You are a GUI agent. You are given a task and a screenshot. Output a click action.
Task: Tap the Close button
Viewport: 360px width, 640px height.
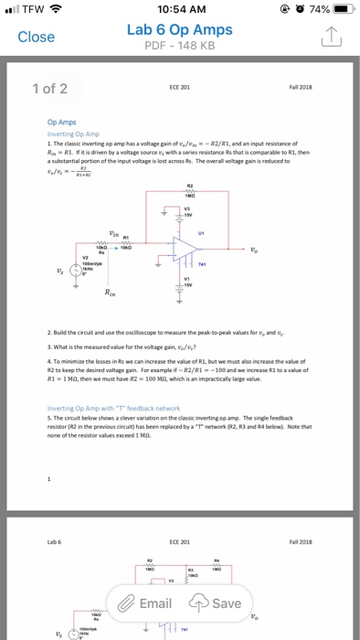point(37,37)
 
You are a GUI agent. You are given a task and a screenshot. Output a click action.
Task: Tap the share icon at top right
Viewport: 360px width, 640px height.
point(331,37)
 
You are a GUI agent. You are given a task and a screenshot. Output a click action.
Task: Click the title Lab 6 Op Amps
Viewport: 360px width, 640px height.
point(180,29)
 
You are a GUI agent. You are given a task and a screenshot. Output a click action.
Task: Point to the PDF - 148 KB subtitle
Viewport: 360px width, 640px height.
point(180,47)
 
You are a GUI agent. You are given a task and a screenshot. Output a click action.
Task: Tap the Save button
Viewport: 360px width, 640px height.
point(217,603)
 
